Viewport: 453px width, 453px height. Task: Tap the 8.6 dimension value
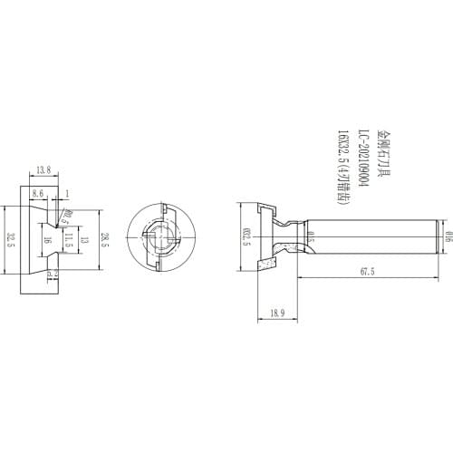pos(39,193)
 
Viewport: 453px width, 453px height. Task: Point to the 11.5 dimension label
pos(69,239)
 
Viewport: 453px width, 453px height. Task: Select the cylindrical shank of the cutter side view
pos(371,238)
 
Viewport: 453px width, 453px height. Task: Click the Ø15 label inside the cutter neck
pos(311,238)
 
